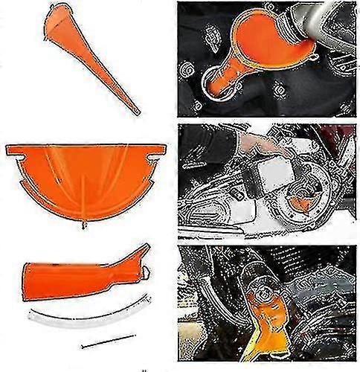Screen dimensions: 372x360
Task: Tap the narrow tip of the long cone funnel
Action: click(x=137, y=112)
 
